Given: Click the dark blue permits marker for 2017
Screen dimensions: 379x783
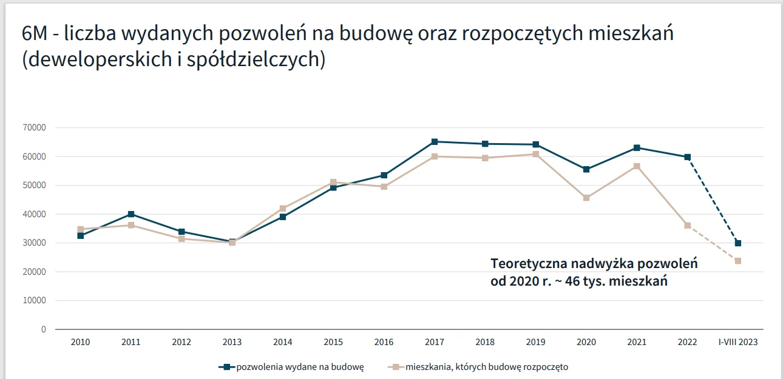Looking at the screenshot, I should pos(435,142).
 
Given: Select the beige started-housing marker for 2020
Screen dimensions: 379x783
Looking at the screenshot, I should pos(586,198).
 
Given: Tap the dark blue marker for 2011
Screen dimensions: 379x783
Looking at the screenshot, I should pos(131,214).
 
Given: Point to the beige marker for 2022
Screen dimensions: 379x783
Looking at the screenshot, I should pos(687,226).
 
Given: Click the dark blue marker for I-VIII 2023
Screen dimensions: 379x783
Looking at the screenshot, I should pos(738,243).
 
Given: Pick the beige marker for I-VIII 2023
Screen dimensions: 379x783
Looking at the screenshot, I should pos(738,261).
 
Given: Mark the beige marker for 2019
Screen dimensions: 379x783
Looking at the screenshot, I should pos(535,154).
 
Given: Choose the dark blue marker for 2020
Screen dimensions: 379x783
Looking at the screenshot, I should pos(586,169).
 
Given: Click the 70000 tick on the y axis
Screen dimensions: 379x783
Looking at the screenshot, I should pos(35,128).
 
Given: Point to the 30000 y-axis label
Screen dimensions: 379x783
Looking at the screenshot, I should pos(35,243).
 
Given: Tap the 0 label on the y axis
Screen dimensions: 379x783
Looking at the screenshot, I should pos(43,330).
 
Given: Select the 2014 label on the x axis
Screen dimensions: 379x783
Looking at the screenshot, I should pos(283,342).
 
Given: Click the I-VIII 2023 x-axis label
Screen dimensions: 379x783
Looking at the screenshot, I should pos(737,342).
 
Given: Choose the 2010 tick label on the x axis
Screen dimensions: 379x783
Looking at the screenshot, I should pos(80,342).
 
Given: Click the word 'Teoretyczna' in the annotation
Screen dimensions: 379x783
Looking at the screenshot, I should pos(529,264).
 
